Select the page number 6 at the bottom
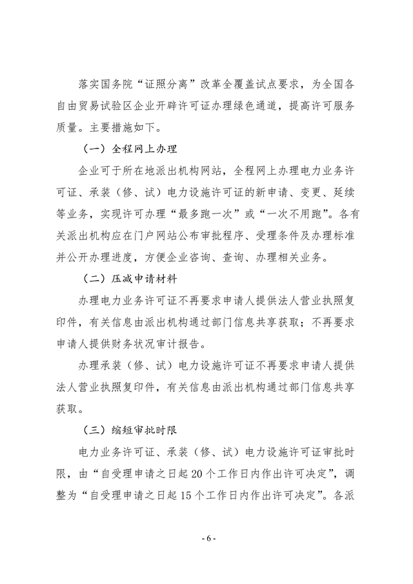coord(207,556)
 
